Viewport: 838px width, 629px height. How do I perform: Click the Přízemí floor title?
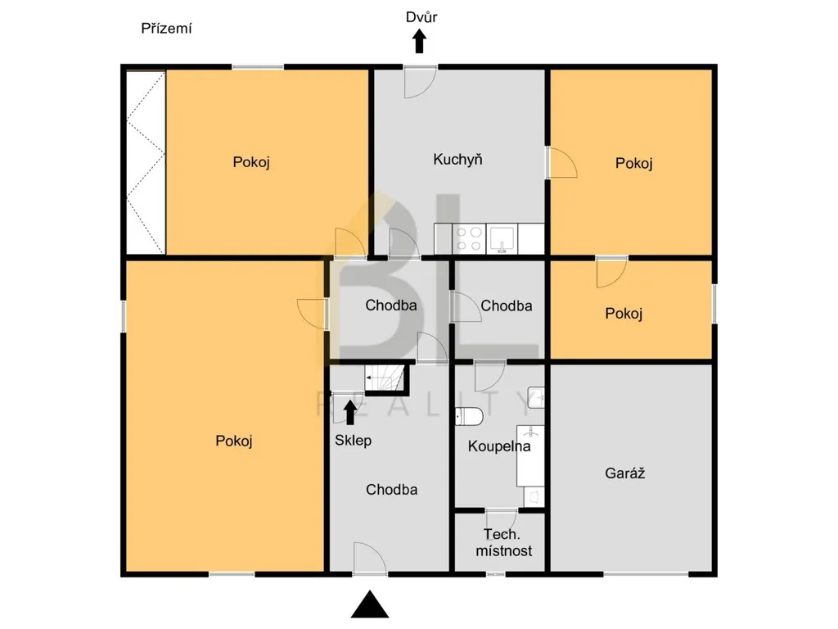(166, 29)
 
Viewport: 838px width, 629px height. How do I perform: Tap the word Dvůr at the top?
(421, 17)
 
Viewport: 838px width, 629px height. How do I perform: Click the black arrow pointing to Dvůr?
(420, 41)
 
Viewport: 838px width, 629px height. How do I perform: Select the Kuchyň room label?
(457, 160)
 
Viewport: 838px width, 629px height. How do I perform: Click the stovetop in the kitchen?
(469, 238)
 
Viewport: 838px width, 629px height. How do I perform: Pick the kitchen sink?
(502, 238)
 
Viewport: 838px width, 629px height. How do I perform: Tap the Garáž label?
(624, 473)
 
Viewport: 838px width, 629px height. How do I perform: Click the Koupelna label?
(499, 446)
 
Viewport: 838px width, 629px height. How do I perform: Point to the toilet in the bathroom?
(469, 415)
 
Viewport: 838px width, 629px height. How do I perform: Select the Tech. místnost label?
(503, 542)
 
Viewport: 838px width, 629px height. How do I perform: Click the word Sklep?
(353, 440)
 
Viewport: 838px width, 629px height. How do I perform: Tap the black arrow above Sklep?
(350, 413)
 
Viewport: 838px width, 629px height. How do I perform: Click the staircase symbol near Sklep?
(384, 378)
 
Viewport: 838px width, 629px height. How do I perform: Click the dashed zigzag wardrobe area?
(146, 162)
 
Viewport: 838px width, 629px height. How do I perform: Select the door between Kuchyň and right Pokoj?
(562, 163)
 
